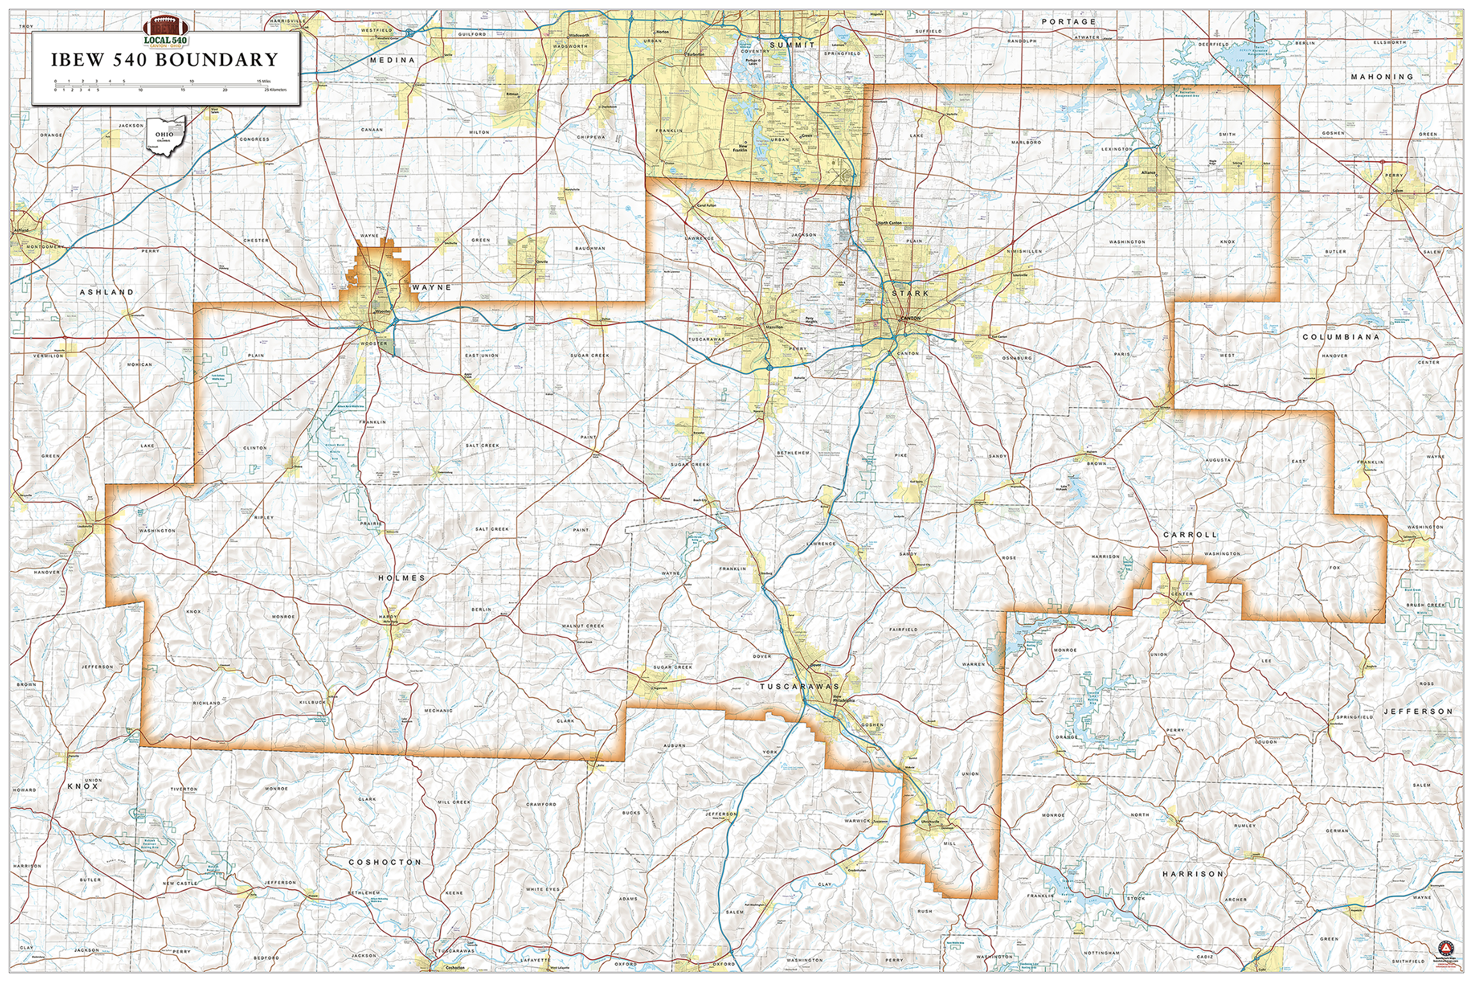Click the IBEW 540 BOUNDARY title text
coord(164,60)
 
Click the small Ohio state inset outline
coord(166,135)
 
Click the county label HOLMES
coord(401,578)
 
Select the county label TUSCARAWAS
coord(799,687)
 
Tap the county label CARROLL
coord(1190,534)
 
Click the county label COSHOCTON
coord(385,862)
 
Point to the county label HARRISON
coord(1192,874)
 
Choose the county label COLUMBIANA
coord(1340,337)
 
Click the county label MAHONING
coord(1382,77)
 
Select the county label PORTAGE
coord(1068,22)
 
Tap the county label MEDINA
coord(393,60)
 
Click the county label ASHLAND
coord(107,292)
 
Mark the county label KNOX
coord(83,786)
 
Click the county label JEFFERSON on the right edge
coord(1418,712)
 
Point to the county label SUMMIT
coord(792,45)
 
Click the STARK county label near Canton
coord(910,293)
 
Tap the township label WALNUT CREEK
coord(582,626)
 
